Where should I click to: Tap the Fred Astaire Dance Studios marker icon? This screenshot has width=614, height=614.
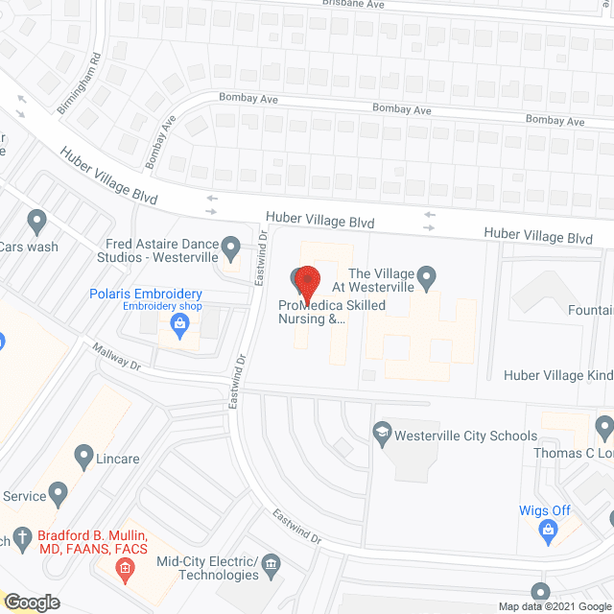[x=230, y=249]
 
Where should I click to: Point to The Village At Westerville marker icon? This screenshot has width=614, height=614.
[x=430, y=279]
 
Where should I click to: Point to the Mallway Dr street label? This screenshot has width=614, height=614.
[x=117, y=358]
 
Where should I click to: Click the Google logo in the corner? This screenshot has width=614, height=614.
[x=31, y=602]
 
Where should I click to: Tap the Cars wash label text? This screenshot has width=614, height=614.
[x=29, y=247]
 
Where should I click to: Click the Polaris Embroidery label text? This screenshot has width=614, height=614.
[x=146, y=294]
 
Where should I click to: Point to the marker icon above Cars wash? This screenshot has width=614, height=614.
[x=37, y=222]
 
